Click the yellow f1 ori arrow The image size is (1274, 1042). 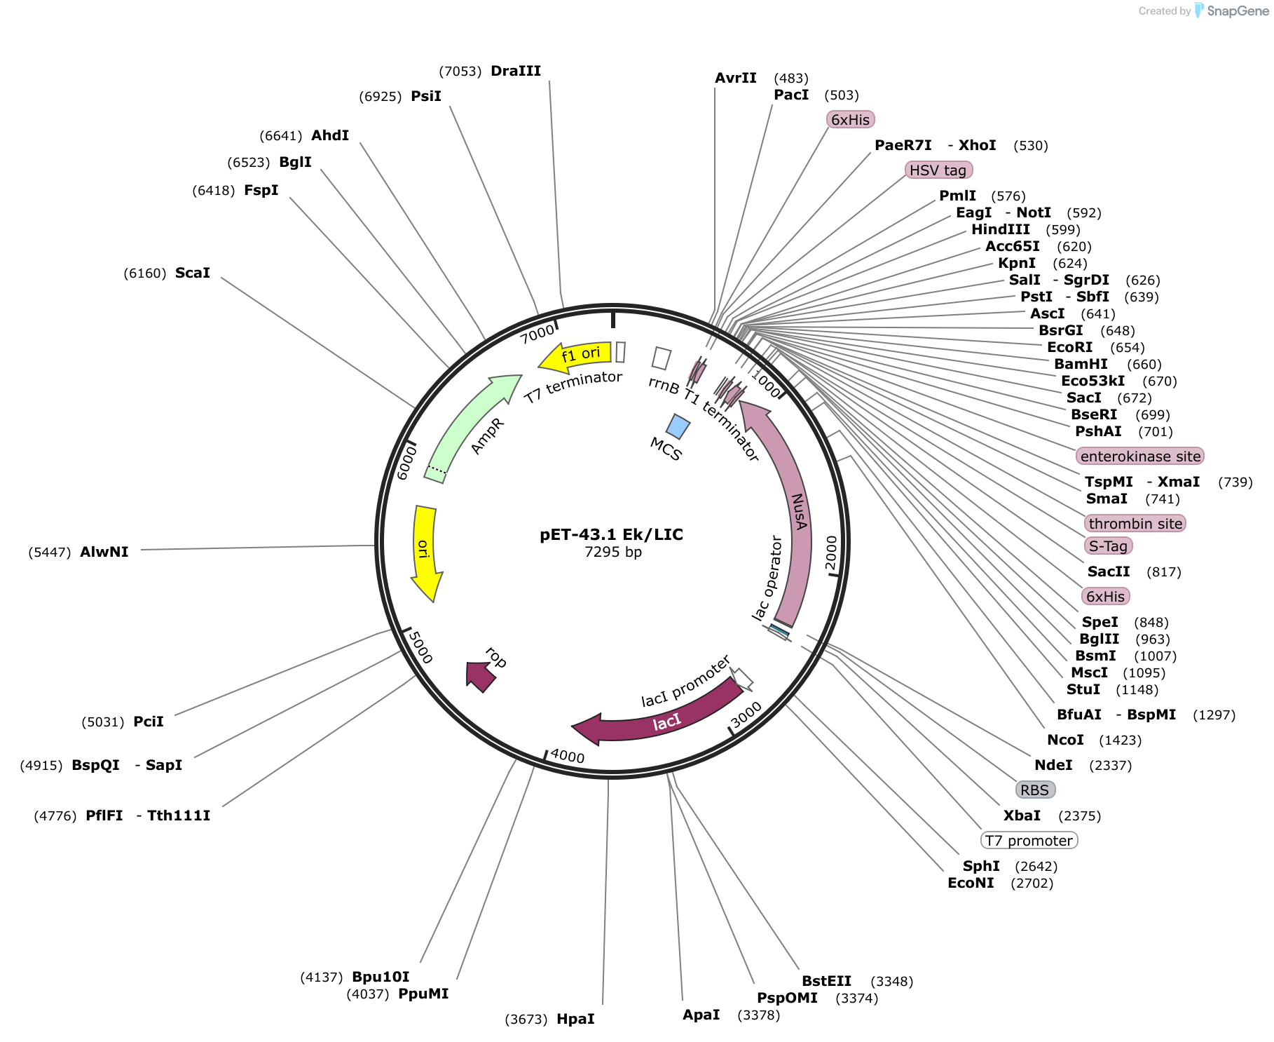coord(575,356)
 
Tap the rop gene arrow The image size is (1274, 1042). coord(481,676)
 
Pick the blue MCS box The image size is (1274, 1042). coord(678,426)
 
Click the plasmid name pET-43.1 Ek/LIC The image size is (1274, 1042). coord(611,534)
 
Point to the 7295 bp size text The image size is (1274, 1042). coord(613,552)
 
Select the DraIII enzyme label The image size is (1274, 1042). coord(516,71)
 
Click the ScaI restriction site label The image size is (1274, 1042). coord(193,273)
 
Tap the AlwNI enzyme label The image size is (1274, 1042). coord(104,552)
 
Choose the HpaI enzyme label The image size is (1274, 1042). coord(575,1019)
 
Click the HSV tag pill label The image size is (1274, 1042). coord(938,170)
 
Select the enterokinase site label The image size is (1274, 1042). coord(1140,456)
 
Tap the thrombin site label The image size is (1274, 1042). coord(1135,524)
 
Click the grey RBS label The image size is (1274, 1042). coord(1035,790)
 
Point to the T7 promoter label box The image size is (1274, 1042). coord(1029,841)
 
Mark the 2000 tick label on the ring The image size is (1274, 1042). coord(831,553)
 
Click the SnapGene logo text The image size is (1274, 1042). coord(1238,11)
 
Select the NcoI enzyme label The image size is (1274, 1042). coord(1065,740)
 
